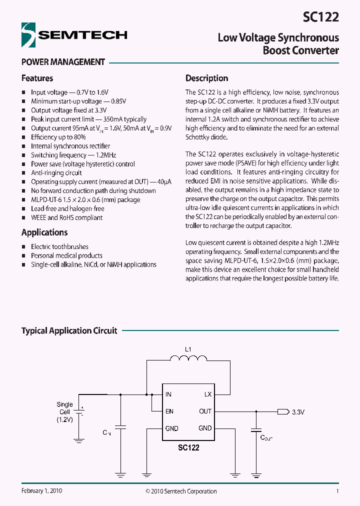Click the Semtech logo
point(74,35)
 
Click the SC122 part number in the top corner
point(320,17)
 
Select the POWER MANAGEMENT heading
point(63,62)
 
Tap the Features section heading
point(37,78)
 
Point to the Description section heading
point(206,78)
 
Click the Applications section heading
point(44,232)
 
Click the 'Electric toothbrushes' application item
point(59,246)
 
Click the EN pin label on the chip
point(169,411)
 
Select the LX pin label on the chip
point(208,394)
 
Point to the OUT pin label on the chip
point(205,411)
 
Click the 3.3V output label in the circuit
point(298,412)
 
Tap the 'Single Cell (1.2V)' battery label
point(64,412)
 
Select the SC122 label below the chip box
point(188,447)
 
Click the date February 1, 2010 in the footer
point(41,491)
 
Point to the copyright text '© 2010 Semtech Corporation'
point(181,491)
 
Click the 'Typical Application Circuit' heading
point(69,331)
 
